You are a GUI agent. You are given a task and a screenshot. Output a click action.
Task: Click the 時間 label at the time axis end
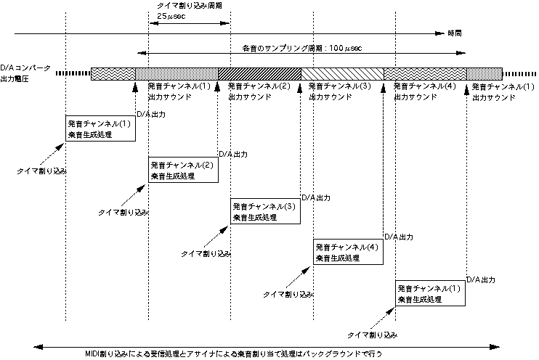[x=454, y=33]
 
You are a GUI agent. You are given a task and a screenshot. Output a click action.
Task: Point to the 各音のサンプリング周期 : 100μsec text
[x=302, y=48]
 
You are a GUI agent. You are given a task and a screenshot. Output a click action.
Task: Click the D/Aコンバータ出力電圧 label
[x=25, y=72]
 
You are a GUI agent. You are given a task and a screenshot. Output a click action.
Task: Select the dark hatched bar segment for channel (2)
[x=259, y=73]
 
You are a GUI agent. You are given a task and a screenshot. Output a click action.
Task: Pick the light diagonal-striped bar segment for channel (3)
[x=342, y=73]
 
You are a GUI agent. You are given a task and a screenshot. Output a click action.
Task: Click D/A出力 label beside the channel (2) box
[x=233, y=155]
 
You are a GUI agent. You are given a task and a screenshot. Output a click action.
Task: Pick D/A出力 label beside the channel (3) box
[x=316, y=197]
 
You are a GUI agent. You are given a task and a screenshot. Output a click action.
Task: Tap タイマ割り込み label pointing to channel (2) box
[x=123, y=213]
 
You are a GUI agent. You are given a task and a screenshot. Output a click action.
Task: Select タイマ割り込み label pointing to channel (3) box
[x=206, y=254]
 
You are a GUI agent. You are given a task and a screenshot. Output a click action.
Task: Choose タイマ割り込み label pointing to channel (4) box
[x=288, y=295]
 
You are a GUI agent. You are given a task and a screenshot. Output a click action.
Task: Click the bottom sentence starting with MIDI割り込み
[x=243, y=353]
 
